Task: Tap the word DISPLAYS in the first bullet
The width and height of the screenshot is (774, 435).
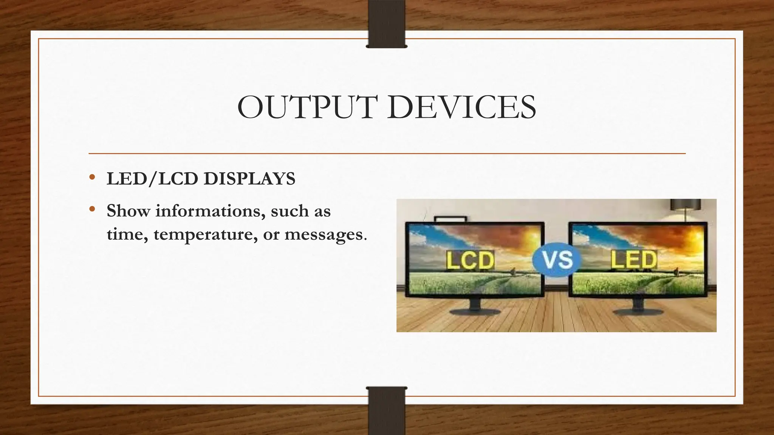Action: pos(249,179)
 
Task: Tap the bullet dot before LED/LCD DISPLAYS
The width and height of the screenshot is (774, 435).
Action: pos(92,177)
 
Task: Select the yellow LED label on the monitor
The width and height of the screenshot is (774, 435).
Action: pos(634,259)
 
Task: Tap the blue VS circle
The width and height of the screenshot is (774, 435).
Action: pos(557,260)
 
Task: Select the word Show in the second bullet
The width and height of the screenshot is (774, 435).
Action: pos(128,211)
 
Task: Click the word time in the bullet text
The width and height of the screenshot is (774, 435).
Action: pos(123,234)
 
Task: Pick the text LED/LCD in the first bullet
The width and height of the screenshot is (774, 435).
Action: pos(151,179)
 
